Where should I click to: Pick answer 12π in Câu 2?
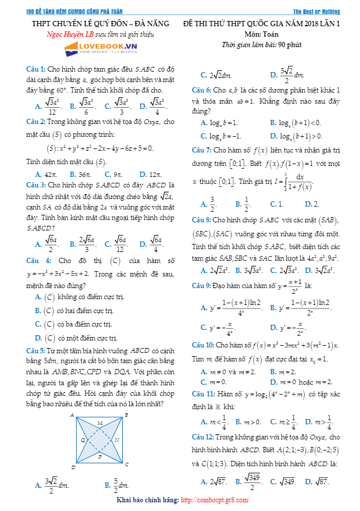coord(155,173)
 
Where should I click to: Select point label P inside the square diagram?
coord(99,457)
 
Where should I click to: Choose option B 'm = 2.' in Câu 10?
coord(281,371)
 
